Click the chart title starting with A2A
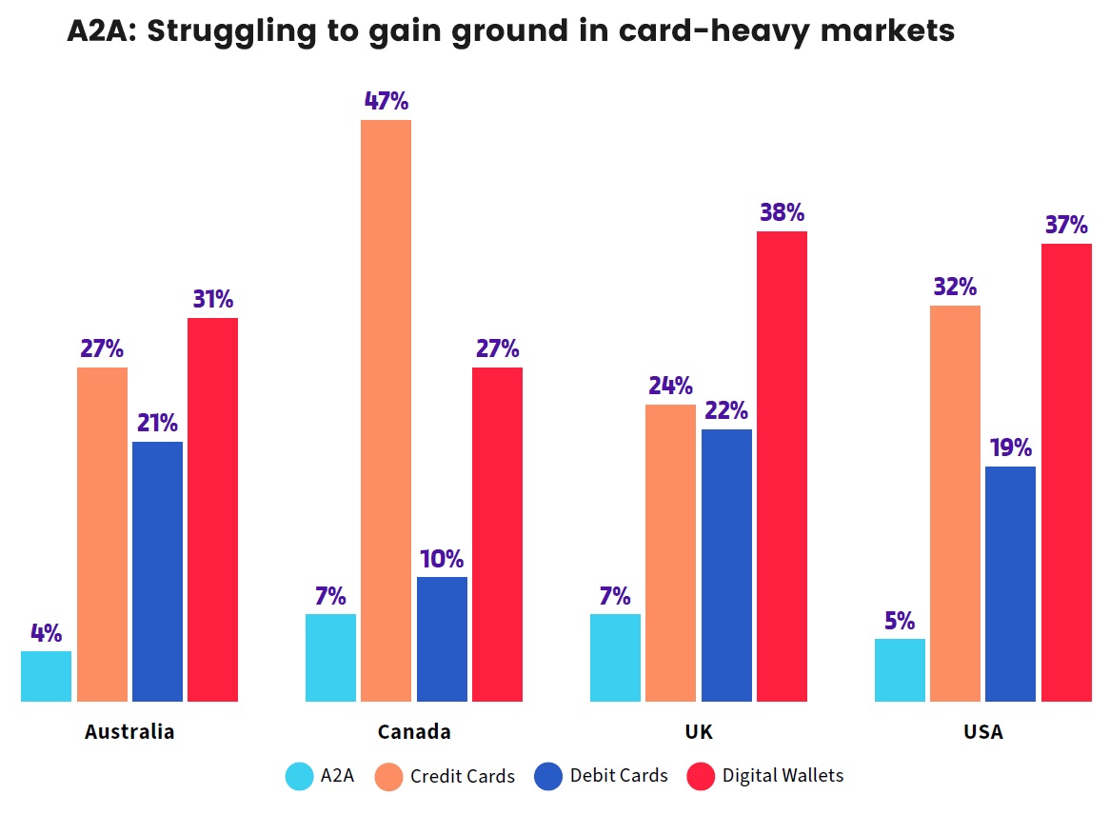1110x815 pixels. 510,31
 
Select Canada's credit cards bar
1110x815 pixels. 387,410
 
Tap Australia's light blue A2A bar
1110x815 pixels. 46,676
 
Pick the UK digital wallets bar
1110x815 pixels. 782,466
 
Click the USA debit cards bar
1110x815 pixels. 1010,584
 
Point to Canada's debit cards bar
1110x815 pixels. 442,639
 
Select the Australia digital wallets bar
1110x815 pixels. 212,509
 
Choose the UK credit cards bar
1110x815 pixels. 670,552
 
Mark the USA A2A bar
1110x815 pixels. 900,669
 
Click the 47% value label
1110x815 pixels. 387,101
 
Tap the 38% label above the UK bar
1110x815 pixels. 782,212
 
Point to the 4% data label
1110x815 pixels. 46,633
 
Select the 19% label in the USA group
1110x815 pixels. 1010,448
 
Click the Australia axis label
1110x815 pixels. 129,732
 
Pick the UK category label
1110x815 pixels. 698,732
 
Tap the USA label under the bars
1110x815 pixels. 982,732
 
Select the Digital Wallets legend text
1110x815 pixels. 783,776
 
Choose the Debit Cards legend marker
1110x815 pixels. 548,777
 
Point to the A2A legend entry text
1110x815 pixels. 337,776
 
